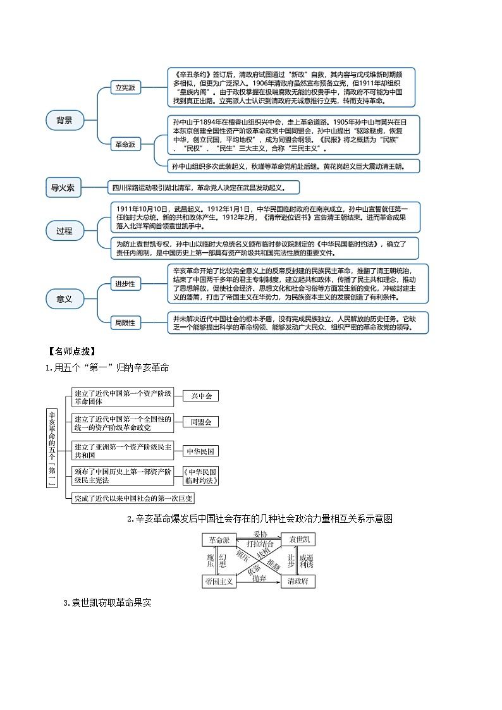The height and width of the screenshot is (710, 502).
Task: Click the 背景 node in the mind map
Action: [x=64, y=119]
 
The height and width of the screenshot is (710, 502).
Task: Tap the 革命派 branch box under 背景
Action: [x=125, y=144]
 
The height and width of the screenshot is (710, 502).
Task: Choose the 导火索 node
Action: [x=63, y=187]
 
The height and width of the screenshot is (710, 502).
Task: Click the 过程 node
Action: [x=64, y=231]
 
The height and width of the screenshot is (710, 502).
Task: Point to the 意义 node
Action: [x=64, y=298]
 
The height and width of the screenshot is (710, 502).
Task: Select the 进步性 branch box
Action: [x=125, y=284]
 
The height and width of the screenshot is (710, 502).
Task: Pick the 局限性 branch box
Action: [x=125, y=322]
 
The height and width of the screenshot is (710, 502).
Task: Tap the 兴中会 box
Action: [x=201, y=396]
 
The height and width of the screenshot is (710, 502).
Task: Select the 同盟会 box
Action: [x=201, y=422]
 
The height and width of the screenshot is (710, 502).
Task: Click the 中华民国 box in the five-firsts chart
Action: [x=201, y=451]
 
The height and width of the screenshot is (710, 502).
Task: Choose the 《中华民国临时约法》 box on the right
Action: [x=201, y=476]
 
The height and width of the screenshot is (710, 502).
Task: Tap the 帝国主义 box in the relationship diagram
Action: [x=219, y=580]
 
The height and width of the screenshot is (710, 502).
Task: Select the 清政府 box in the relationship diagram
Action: [x=298, y=580]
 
